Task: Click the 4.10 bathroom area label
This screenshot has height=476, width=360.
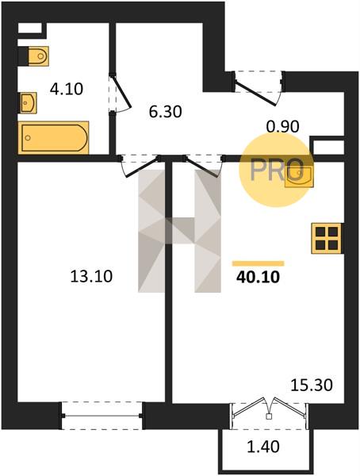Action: (x=67, y=89)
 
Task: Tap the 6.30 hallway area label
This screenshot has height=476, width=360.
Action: (x=166, y=112)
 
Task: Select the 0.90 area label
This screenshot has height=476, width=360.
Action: (x=282, y=127)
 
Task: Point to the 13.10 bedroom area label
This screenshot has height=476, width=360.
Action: (x=91, y=277)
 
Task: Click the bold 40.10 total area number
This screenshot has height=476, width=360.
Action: (x=258, y=277)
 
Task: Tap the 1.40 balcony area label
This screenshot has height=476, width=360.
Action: (x=263, y=447)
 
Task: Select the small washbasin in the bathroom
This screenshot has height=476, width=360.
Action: (x=29, y=103)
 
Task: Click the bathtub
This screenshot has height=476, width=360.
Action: (x=53, y=137)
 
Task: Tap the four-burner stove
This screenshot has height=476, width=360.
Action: (x=327, y=238)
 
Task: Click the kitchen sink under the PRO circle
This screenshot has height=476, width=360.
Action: (x=299, y=177)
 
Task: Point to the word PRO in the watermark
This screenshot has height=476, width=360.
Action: (x=277, y=170)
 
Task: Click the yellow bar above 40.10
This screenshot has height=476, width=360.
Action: (x=258, y=263)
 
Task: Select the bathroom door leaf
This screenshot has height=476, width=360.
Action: (x=122, y=92)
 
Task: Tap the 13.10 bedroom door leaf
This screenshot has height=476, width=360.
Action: (x=142, y=168)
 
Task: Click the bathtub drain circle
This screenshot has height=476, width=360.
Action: (x=28, y=138)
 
